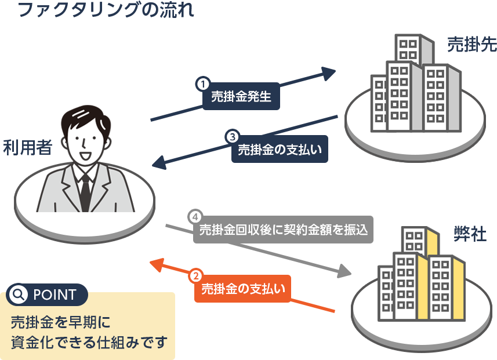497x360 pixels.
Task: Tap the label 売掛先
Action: [x=471, y=46]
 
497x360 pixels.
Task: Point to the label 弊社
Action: [x=470, y=234]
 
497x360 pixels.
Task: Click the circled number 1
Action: [x=203, y=84]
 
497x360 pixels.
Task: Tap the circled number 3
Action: [x=232, y=137]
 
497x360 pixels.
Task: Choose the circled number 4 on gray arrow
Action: [x=194, y=217]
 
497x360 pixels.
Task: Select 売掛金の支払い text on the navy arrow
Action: [x=280, y=150]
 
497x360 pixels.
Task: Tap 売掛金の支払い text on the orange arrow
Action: [x=243, y=289]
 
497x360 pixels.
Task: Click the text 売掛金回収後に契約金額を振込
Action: [x=284, y=230]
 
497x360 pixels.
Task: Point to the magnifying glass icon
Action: [x=19, y=294]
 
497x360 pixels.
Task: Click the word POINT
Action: [x=55, y=295]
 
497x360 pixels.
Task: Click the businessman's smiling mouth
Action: [x=85, y=155]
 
